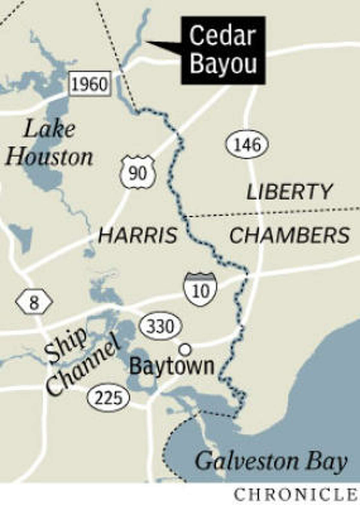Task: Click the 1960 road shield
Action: tap(90, 84)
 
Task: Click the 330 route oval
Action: tap(161, 326)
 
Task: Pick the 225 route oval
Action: tap(109, 398)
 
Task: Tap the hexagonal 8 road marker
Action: tap(34, 302)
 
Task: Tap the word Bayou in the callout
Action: tap(223, 64)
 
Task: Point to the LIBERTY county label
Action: tap(289, 192)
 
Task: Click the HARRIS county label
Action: tap(138, 235)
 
